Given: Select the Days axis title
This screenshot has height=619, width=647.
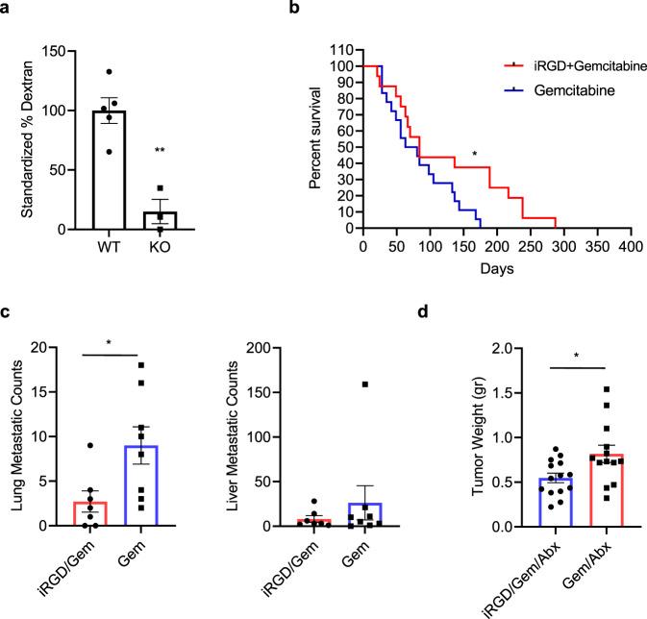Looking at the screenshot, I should [x=495, y=270].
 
